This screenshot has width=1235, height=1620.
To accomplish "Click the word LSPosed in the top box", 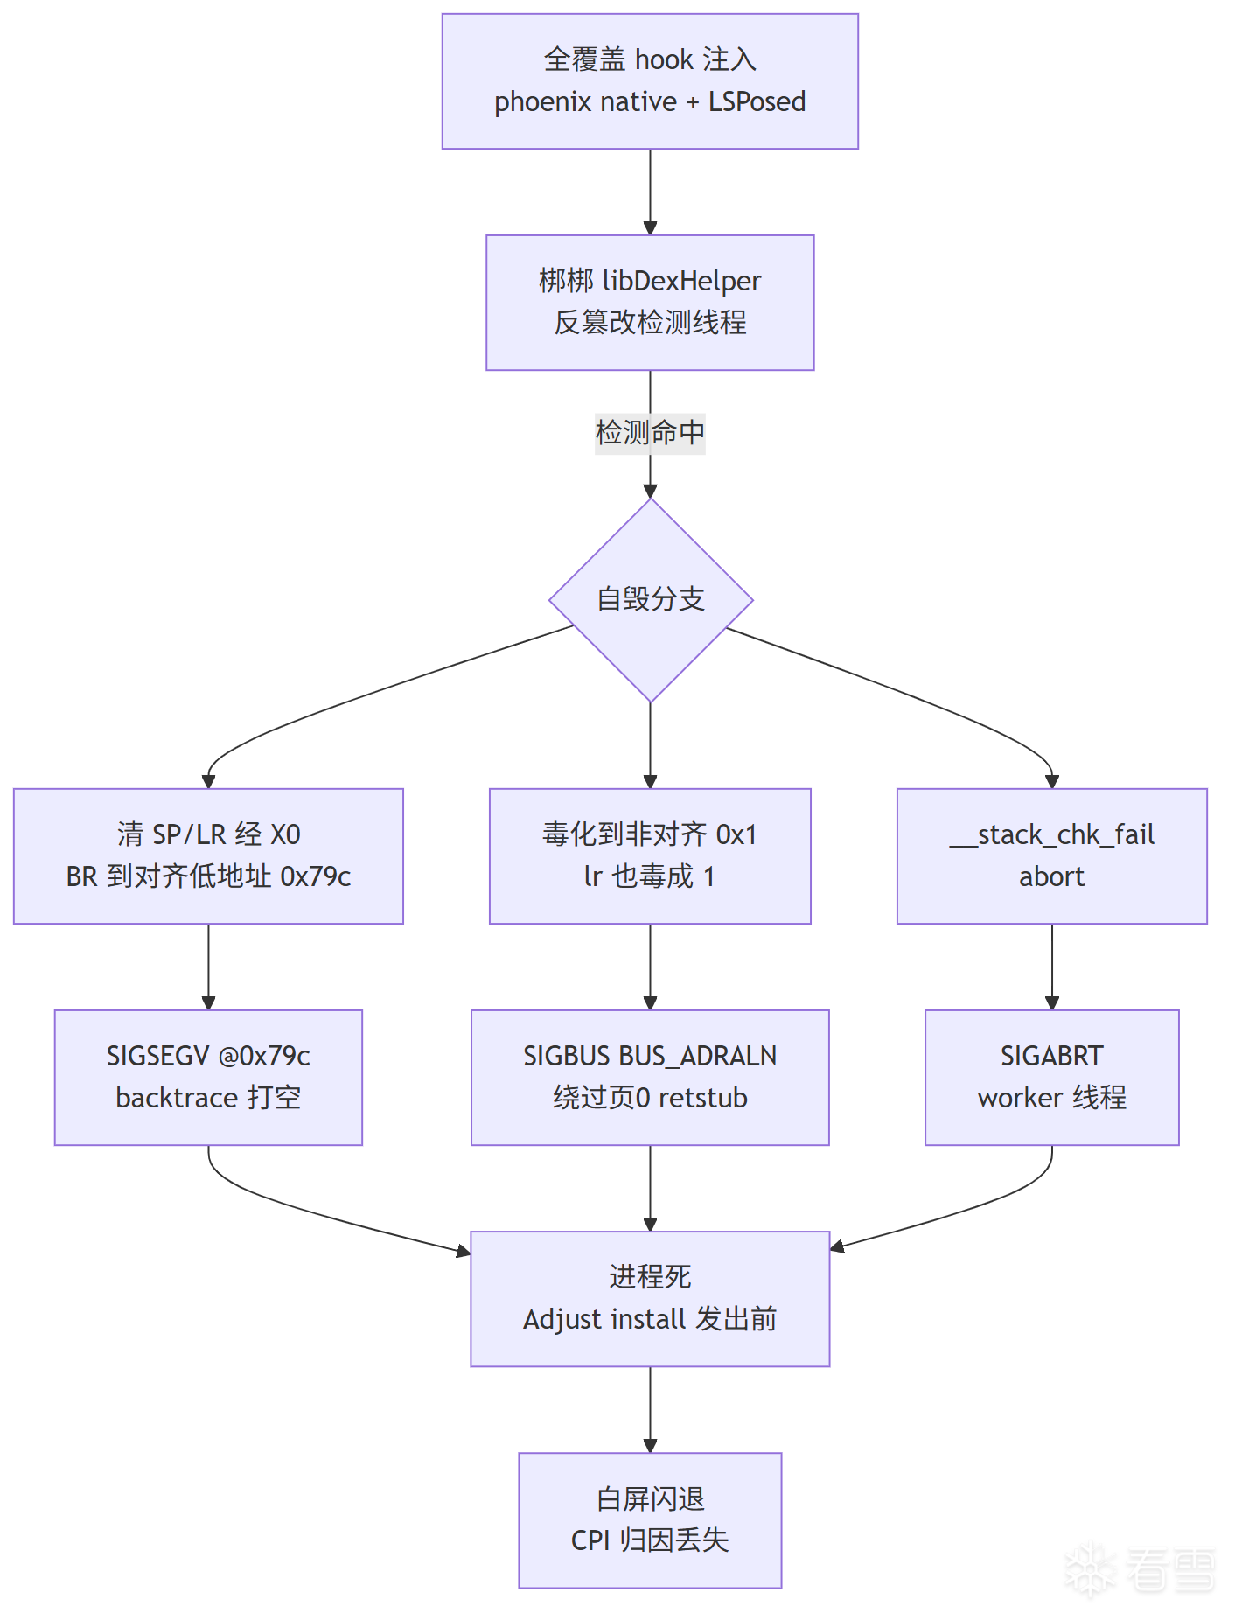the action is (x=757, y=102).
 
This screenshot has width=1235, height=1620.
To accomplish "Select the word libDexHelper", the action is (x=682, y=282).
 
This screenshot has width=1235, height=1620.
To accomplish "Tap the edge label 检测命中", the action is (x=650, y=433).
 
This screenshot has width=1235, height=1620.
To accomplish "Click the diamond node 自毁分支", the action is (x=651, y=600).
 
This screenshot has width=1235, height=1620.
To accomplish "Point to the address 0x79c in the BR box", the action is (x=315, y=876).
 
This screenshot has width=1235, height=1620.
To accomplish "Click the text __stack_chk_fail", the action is (x=1052, y=835).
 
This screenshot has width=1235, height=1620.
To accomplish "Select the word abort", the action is (x=1052, y=876).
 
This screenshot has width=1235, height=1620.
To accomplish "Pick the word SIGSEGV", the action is (x=157, y=1057).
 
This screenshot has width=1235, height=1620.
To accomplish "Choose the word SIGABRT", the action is (x=1052, y=1057).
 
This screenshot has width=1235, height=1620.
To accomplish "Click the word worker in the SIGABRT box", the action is (x=1020, y=1098).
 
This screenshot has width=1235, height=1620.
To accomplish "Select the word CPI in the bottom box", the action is (x=590, y=1540).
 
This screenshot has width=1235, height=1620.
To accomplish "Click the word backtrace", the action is (x=177, y=1098).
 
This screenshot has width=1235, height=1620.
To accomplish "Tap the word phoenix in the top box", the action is (x=538, y=102).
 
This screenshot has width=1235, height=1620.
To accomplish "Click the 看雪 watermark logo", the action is (x=1141, y=1569).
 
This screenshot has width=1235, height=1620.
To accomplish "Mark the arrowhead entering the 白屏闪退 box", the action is (x=650, y=1446).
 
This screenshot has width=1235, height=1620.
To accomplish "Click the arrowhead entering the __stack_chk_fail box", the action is (x=1052, y=781).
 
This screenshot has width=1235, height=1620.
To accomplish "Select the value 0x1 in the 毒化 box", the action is (x=736, y=835).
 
